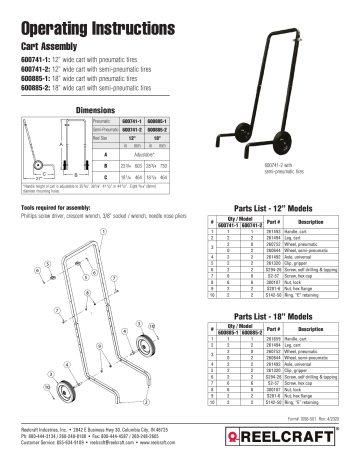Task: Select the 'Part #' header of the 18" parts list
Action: [x=251, y=332]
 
